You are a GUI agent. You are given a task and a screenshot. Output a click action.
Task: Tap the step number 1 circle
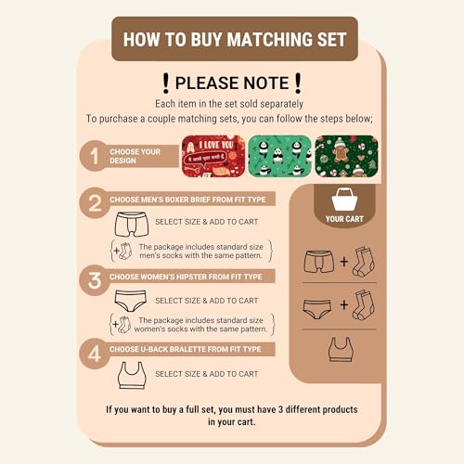point(93,155)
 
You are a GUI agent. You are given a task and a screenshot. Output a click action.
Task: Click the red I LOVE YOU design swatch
point(213,156)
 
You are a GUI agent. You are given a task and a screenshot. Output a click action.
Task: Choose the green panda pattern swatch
point(279,156)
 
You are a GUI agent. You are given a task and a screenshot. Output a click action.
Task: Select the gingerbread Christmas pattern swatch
point(345,156)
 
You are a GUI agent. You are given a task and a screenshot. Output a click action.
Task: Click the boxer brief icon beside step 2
point(131,225)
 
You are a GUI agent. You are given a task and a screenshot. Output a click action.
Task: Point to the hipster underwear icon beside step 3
point(131,301)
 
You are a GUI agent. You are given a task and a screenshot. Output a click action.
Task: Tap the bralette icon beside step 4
point(131,374)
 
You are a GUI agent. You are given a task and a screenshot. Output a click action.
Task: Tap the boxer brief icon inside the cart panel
point(318,263)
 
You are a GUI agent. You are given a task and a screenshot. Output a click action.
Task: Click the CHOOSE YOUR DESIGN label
point(134,155)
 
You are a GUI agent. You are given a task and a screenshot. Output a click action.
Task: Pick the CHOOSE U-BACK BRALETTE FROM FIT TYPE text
point(186,349)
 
